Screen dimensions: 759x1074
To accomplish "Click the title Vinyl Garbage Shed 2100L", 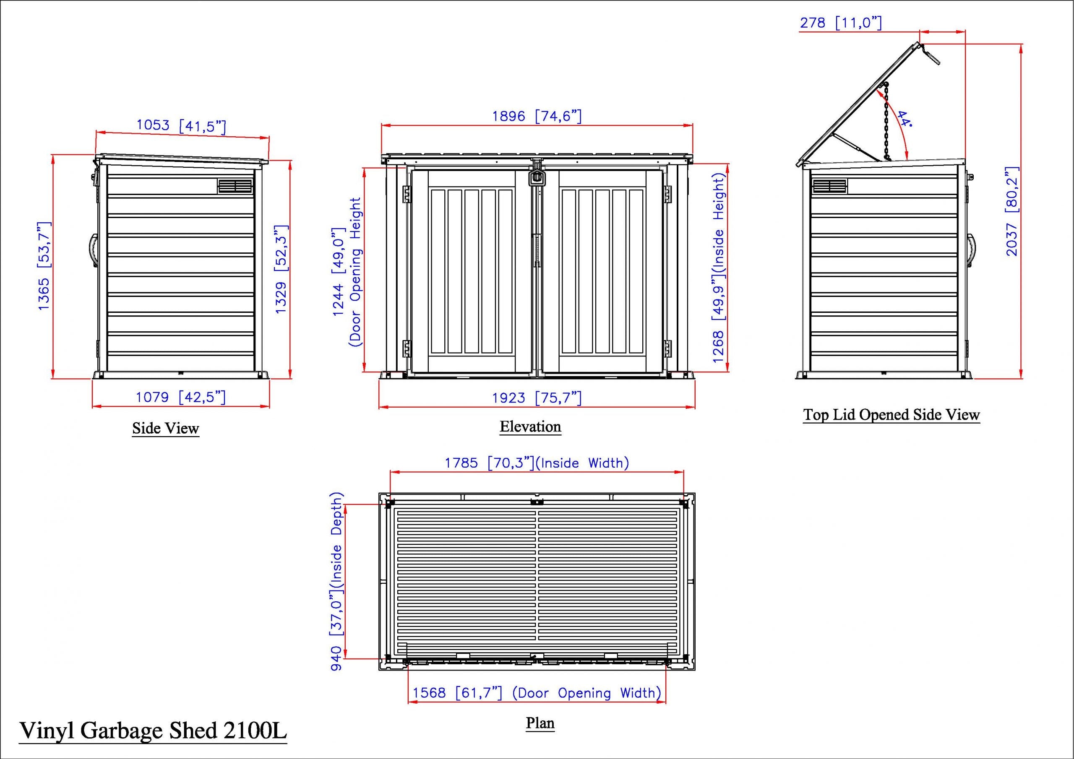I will pyautogui.click(x=152, y=730).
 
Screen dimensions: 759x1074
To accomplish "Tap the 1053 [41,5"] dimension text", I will pyautogui.click(x=182, y=125).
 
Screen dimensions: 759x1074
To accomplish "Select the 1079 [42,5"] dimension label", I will pyautogui.click(x=180, y=397).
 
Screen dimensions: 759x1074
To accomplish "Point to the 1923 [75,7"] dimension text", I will pyautogui.click(x=537, y=398).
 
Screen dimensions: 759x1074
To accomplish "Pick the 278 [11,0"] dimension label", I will pyautogui.click(x=841, y=23).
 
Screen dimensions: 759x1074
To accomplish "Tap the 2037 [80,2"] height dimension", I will pyautogui.click(x=1011, y=211).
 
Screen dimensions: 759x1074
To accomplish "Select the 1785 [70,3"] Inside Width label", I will pyautogui.click(x=537, y=463).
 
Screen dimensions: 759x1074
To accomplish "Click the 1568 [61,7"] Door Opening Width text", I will pyautogui.click(x=537, y=693).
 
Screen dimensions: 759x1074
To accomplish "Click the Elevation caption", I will pyautogui.click(x=530, y=426).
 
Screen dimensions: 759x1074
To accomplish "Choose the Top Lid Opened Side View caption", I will pyautogui.click(x=891, y=414).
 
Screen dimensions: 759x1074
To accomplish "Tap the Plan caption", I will pyautogui.click(x=540, y=723).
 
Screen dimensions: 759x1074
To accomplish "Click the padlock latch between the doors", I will pyautogui.click(x=537, y=177).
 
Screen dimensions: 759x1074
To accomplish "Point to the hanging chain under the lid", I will pyautogui.click(x=886, y=122).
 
